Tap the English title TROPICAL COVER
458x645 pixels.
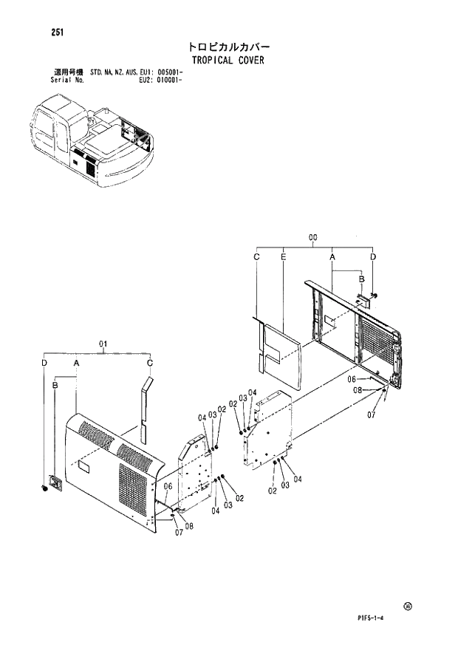(x=226, y=61)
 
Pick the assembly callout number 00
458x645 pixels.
(x=312, y=237)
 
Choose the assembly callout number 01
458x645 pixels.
(x=103, y=343)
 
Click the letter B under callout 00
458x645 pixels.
(x=361, y=280)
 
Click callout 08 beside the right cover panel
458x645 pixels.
(x=356, y=389)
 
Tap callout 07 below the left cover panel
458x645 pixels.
(x=179, y=533)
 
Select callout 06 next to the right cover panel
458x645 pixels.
(x=353, y=378)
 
